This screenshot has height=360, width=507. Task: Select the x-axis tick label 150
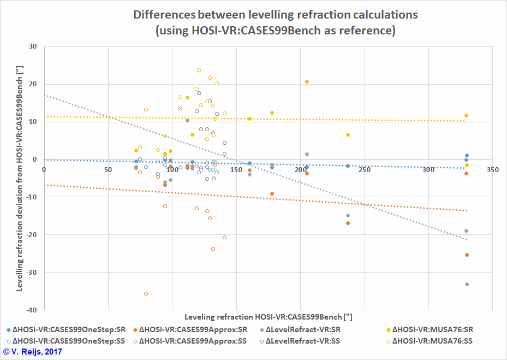(236, 170)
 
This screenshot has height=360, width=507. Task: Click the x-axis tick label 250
(364, 170)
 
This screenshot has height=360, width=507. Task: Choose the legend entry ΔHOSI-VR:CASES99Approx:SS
(193, 341)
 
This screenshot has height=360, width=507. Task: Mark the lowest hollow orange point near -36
(146, 294)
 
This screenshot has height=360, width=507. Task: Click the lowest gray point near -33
(467, 285)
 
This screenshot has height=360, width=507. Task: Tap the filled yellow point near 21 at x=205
(307, 82)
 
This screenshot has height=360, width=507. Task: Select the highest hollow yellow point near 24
(199, 70)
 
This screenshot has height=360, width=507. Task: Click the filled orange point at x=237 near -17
(348, 223)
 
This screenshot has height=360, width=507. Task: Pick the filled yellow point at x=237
(348, 135)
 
